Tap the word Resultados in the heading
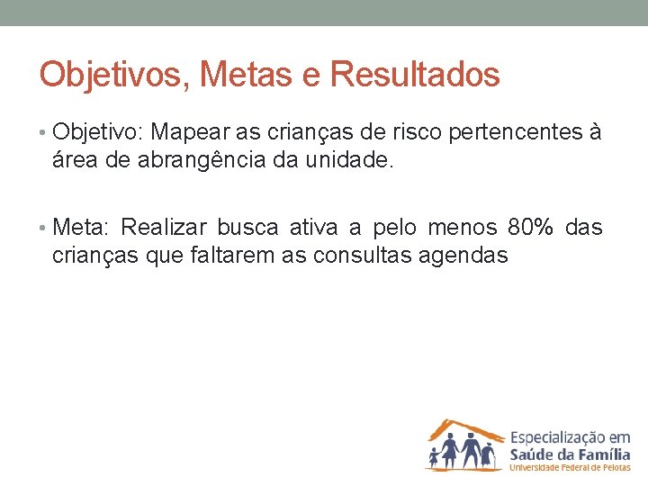[x=415, y=74]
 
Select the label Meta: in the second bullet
[x=81, y=227]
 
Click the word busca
[x=247, y=227]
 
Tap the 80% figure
[x=531, y=227]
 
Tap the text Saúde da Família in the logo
[x=570, y=452]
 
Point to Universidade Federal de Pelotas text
[x=570, y=468]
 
